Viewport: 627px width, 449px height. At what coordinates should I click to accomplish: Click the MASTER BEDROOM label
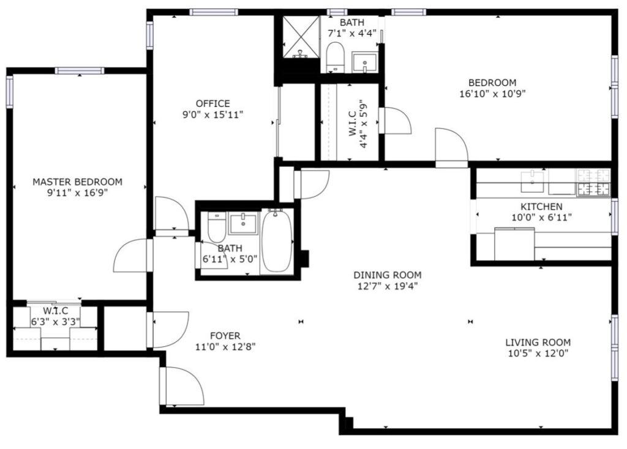point(77,182)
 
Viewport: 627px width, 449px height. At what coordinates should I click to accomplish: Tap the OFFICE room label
point(212,104)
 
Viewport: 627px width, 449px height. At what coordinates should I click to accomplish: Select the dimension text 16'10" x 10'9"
point(492,94)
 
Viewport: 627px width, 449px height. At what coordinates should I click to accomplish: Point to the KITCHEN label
point(541,207)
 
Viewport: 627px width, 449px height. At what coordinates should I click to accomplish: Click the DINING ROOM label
point(388,275)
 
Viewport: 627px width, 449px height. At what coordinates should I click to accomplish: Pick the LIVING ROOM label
point(538,343)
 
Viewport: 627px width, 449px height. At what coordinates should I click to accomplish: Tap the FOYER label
point(225,336)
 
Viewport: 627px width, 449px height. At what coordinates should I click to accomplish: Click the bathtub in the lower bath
point(277,241)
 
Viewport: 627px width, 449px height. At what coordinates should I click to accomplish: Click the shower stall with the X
point(301,37)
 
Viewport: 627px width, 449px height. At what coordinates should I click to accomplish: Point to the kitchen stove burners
point(593,182)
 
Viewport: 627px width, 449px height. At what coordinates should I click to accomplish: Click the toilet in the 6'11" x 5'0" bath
point(217,226)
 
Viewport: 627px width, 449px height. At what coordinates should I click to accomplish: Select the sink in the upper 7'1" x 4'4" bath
point(364,62)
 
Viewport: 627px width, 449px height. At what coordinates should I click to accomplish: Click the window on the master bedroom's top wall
point(80,71)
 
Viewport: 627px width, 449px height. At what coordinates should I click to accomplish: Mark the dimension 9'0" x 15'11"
point(212,115)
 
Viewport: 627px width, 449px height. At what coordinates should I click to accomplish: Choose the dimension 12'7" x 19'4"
point(388,286)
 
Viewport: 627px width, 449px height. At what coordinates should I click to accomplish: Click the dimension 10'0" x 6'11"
point(541,218)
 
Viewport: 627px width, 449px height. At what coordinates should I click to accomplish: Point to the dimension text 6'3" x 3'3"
point(56,322)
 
